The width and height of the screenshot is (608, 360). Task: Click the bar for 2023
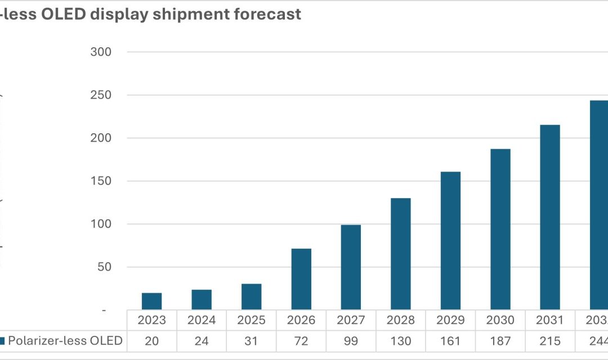[x=152, y=301]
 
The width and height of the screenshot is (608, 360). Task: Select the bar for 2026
[x=301, y=279]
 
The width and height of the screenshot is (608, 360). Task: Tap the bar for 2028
[x=400, y=254]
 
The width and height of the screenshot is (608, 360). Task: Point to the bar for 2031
[x=549, y=217]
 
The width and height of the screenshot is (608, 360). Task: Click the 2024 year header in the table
[x=202, y=320]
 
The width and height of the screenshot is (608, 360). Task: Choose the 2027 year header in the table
[x=351, y=320]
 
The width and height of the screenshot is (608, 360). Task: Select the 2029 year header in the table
[x=450, y=320]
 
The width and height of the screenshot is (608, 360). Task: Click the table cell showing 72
[x=301, y=341]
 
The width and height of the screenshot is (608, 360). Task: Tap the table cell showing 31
[x=251, y=341]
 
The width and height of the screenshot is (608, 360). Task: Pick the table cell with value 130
[x=400, y=341]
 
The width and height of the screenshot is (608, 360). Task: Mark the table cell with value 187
[x=500, y=341]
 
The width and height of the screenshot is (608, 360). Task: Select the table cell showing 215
[x=549, y=341]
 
